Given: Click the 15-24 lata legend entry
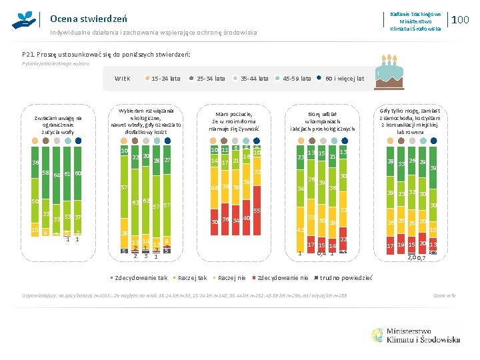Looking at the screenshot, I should coord(165,79).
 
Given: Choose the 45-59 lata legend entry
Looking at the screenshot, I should coord(297,79).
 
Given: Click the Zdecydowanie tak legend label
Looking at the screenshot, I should coord(140,277).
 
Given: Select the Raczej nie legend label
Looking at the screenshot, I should coord(232,277).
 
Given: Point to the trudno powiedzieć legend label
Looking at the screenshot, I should coord(346,277).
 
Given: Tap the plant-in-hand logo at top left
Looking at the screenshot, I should coord(24,19).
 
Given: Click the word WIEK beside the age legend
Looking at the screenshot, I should coord(123,79).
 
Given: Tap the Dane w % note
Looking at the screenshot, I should coord(444,295).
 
